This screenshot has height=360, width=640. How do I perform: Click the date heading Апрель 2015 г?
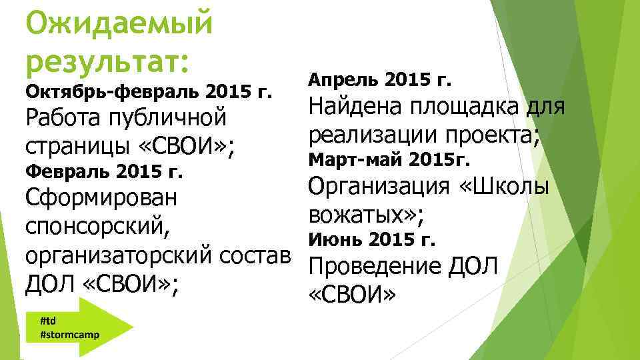(x=379, y=81)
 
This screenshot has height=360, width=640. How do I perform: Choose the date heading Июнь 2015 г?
(x=373, y=238)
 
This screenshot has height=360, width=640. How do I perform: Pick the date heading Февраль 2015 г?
(x=103, y=172)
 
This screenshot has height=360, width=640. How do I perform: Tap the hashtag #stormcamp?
(x=70, y=333)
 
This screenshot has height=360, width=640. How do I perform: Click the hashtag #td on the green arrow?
(x=48, y=320)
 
